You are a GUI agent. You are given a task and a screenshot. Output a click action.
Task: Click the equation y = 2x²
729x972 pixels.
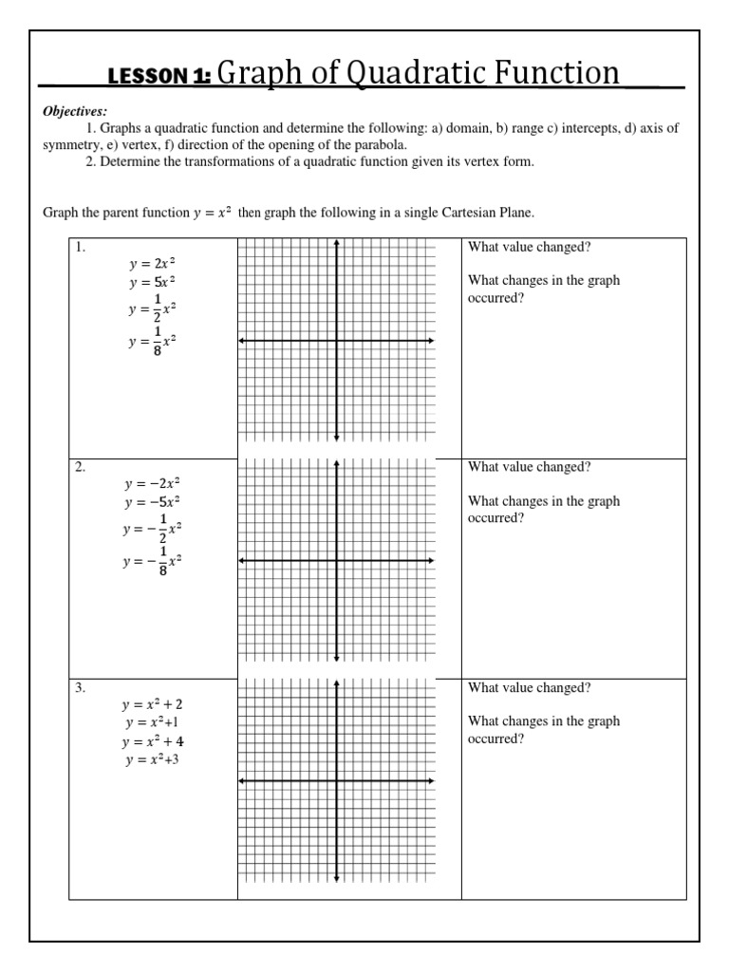point(153,265)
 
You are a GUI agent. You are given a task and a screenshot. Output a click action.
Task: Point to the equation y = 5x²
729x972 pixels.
point(153,282)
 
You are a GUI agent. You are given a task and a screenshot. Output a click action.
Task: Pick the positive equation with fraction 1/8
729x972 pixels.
point(153,341)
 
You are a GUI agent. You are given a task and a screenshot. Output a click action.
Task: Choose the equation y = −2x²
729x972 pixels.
point(152,484)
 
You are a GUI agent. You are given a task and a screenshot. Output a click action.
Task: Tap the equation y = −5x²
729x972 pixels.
point(152,501)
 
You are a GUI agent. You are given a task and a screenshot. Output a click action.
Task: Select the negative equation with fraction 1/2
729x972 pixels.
point(152,528)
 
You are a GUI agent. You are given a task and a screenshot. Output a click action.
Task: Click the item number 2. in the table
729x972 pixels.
point(82,467)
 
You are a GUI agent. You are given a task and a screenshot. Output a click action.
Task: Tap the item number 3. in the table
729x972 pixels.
point(82,688)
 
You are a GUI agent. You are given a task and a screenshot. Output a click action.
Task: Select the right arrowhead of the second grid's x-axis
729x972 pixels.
point(432,560)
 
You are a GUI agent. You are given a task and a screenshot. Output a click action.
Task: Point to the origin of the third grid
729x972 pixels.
point(337,780)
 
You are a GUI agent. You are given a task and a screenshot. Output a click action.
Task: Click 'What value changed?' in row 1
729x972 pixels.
point(529,247)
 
